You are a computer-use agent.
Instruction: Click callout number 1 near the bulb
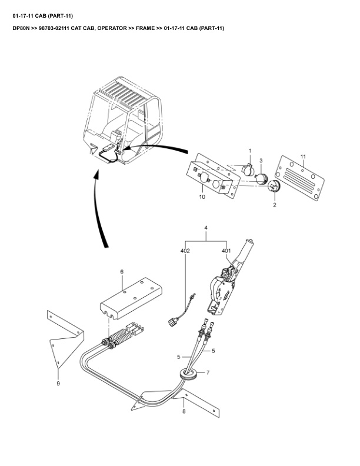(x=249, y=151)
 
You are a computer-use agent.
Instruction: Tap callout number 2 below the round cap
(x=274, y=206)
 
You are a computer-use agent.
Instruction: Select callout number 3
(x=261, y=160)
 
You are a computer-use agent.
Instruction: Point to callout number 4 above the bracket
(x=206, y=228)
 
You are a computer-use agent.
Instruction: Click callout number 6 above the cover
(x=122, y=272)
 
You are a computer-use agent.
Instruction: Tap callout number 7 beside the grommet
(x=207, y=372)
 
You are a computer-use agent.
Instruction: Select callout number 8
(x=184, y=412)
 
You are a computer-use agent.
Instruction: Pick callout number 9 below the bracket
(x=58, y=384)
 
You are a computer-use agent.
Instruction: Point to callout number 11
(x=303, y=156)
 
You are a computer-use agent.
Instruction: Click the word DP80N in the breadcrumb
(x=22, y=28)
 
